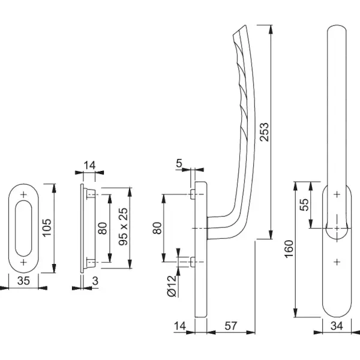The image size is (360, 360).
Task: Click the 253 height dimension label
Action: click(264, 132)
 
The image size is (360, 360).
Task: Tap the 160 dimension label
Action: click(289, 249)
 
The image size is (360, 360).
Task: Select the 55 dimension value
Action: click(304, 205)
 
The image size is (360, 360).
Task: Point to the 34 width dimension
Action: click(337, 326)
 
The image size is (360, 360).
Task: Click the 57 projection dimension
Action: click(230, 326)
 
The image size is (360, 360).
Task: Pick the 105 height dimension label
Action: click(47, 228)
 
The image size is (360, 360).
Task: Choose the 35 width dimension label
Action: click(23, 281)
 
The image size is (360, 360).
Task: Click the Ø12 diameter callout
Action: click(172, 286)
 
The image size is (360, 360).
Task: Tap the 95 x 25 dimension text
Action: click(123, 227)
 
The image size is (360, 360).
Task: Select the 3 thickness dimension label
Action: click(95, 281)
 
